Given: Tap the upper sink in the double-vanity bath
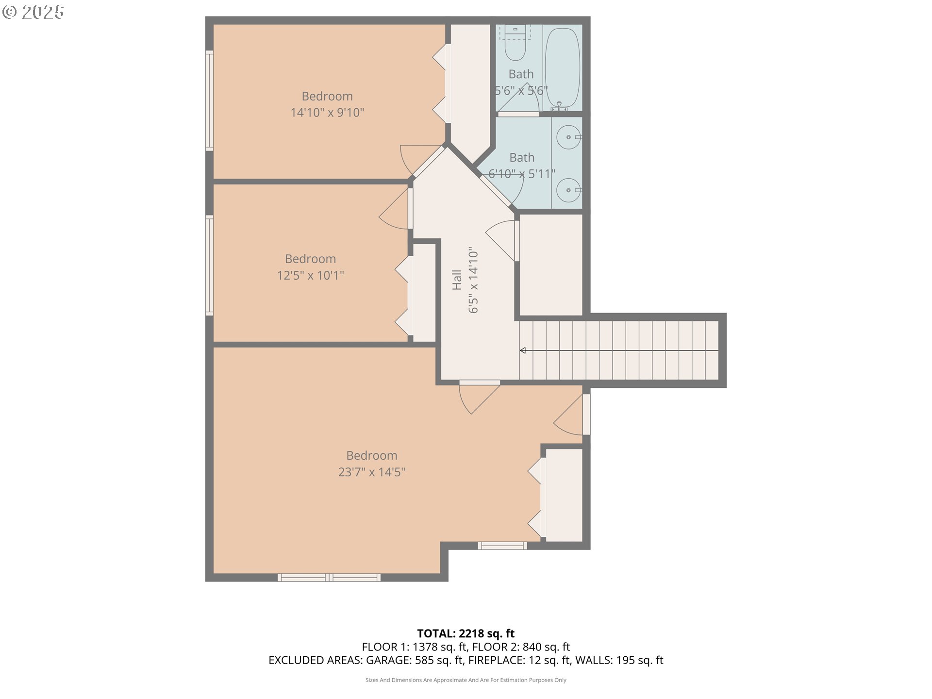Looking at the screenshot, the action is tap(568, 137).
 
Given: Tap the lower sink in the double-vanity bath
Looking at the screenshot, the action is tap(568, 190).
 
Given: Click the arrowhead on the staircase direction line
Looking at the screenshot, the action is tap(523, 350).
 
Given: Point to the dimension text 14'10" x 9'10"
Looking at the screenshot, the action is tap(327, 113).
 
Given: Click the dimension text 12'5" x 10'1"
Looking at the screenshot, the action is tap(311, 275).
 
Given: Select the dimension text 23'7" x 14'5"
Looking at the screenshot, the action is tap(372, 472).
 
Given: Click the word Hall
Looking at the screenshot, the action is tap(457, 280).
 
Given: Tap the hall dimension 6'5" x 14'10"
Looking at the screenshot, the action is tap(473, 282).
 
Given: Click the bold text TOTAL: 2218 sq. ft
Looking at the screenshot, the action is tap(466, 633).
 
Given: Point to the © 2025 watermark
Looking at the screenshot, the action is tap(33, 12).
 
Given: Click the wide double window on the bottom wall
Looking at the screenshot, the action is tap(329, 578).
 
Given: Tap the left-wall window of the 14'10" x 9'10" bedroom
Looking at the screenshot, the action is tap(209, 100).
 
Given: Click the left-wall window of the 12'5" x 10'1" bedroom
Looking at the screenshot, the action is tap(209, 266).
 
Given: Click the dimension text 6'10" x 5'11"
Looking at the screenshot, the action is tap(522, 174).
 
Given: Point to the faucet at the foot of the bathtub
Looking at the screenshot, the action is tap(560, 107).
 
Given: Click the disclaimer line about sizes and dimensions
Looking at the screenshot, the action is tap(466, 680).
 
